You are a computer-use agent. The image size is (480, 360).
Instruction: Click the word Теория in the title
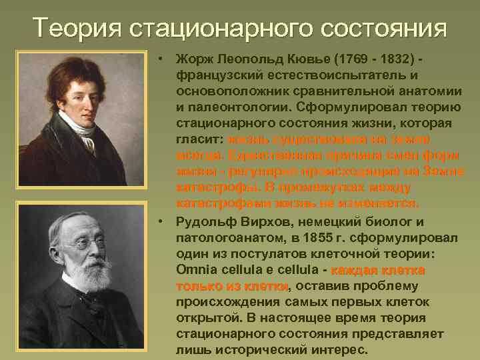click(x=73, y=29)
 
